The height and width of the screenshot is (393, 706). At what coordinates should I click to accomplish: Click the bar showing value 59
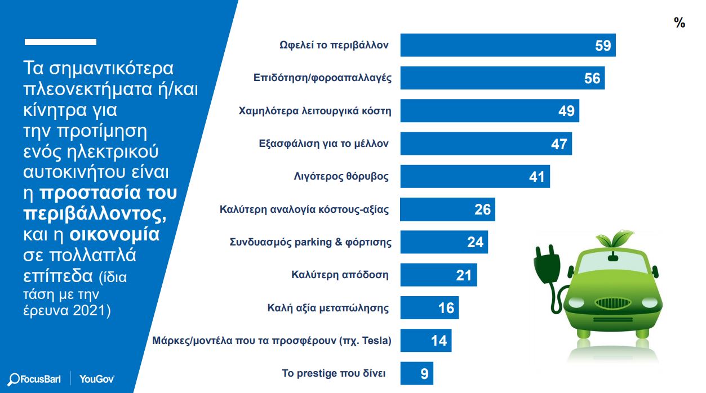pyautogui.click(x=507, y=46)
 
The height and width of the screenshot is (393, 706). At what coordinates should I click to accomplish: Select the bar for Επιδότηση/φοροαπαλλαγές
pyautogui.click(x=501, y=78)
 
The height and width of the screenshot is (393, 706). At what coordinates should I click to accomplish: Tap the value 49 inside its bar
pyautogui.click(x=566, y=111)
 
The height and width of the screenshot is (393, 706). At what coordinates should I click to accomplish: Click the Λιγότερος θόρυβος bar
pyautogui.click(x=474, y=177)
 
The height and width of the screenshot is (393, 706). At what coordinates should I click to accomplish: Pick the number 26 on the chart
pyautogui.click(x=483, y=209)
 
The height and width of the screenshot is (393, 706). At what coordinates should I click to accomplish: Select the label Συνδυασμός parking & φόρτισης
pyautogui.click(x=310, y=243)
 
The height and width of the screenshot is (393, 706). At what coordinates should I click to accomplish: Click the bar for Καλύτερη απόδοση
pyautogui.click(x=438, y=275)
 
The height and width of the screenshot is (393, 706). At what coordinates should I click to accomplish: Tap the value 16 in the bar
pyautogui.click(x=446, y=308)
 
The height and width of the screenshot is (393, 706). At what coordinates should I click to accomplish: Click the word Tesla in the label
pyautogui.click(x=376, y=341)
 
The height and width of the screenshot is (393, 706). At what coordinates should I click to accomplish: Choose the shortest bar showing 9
pyautogui.click(x=416, y=373)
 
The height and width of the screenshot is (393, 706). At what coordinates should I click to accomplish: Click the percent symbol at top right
pyautogui.click(x=680, y=23)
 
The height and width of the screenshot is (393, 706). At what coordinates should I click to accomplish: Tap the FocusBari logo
pyautogui.click(x=35, y=378)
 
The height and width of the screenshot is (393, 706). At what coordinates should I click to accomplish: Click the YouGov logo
pyautogui.click(x=97, y=378)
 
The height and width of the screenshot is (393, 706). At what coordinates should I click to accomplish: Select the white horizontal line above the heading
pyautogui.click(x=61, y=42)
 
